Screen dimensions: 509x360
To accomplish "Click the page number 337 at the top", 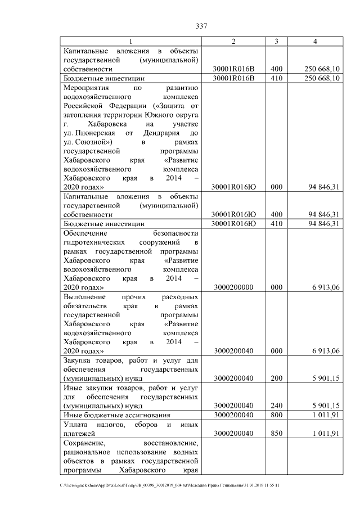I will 201,26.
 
